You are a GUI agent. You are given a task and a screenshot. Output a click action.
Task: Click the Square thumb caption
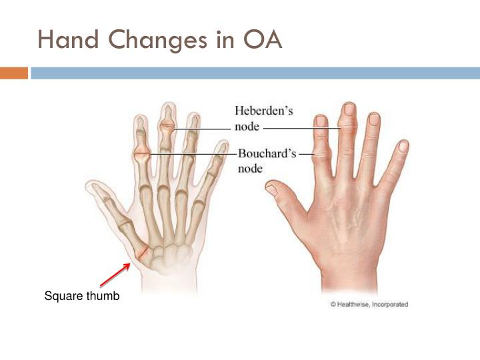pyautogui.click(x=82, y=296)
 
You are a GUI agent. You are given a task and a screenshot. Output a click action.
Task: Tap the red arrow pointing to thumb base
pyautogui.click(x=115, y=275)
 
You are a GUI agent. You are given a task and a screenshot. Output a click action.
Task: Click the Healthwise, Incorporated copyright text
pyautogui.click(x=369, y=305)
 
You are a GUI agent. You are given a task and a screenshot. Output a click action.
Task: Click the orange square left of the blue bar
pyautogui.click(x=13, y=73)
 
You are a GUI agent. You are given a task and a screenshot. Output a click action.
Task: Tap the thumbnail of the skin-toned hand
pyautogui.click(x=272, y=189)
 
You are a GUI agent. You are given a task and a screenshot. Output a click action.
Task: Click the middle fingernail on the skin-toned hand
pyautogui.click(x=348, y=110)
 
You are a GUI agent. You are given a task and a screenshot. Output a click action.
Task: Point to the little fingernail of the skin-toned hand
pyautogui.click(x=403, y=145)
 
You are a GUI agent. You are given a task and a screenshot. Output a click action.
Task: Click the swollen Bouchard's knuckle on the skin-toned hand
pyautogui.click(x=323, y=155)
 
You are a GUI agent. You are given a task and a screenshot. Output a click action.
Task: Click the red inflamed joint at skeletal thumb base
pyautogui.click(x=142, y=253)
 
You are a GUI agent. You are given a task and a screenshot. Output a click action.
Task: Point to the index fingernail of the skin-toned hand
pyautogui.click(x=321, y=121)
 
